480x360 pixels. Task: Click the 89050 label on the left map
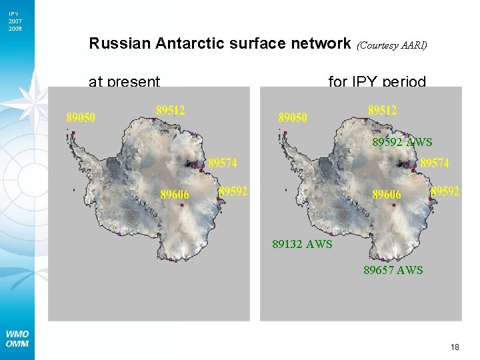(81, 118)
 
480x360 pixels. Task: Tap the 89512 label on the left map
(171, 110)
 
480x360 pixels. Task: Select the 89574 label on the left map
(223, 163)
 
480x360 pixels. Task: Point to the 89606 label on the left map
(175, 195)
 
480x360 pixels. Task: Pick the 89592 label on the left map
(233, 191)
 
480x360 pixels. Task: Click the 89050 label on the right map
(293, 118)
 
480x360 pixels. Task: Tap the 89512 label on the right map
(383, 110)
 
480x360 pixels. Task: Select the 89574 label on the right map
(435, 163)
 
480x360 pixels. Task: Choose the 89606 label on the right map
(387, 195)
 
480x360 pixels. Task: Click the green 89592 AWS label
(402, 142)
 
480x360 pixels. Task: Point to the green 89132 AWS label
(302, 244)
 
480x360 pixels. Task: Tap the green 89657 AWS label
(393, 270)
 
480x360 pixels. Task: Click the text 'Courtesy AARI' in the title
(392, 45)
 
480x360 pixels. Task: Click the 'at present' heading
(125, 82)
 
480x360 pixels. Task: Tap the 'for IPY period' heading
(377, 82)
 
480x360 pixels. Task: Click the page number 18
(455, 347)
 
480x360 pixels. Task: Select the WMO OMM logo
(17, 339)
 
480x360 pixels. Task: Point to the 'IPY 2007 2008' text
(15, 21)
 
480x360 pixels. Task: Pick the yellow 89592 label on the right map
(445, 191)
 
